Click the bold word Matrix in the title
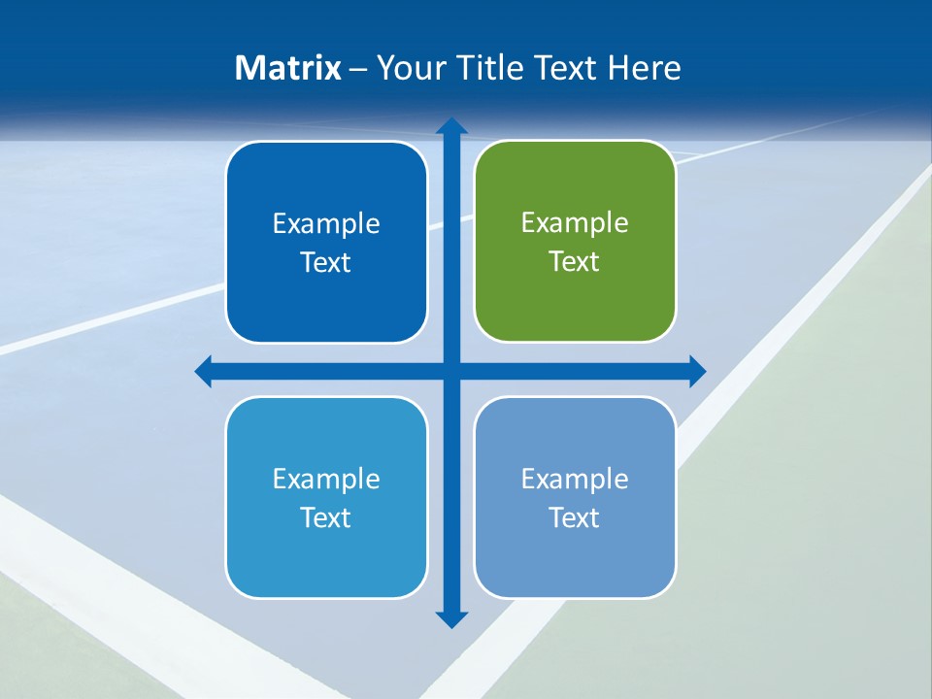coord(287,68)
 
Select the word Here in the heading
coord(644,68)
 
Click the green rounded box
coord(575,242)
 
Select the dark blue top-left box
coord(326,243)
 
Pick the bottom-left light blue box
coord(326,497)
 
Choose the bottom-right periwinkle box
coord(575,497)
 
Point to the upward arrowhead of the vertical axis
coord(451,127)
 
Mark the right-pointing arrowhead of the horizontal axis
coord(696,371)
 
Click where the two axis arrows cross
coord(451,371)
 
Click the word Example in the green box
coord(575,223)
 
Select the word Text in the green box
coord(575,261)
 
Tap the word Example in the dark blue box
coord(326,224)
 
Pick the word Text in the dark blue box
coord(326,262)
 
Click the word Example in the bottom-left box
coord(326,479)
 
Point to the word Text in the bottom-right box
coord(575,517)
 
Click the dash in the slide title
coord(358,70)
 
